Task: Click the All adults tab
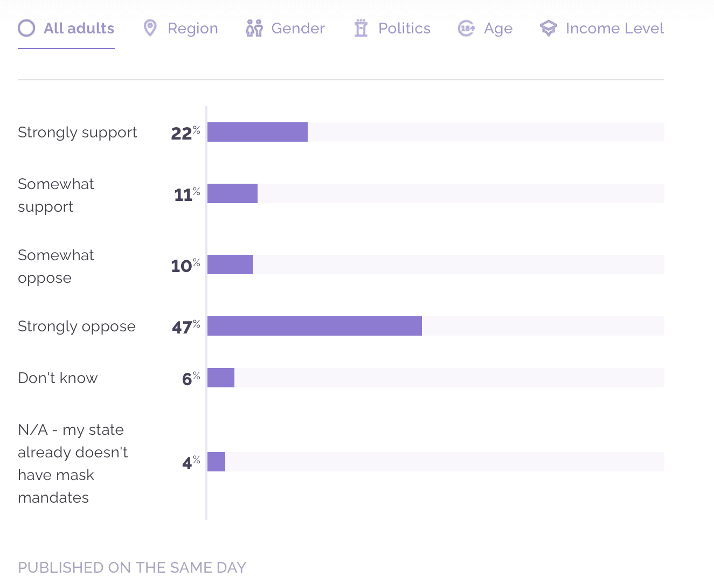(66, 29)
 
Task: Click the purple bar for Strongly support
(258, 132)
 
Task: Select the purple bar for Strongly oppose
(315, 326)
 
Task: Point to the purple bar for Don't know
(221, 378)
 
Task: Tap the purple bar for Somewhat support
(232, 193)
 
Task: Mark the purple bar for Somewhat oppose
(230, 265)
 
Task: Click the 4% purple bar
(216, 462)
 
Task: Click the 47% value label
(185, 326)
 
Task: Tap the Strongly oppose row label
(77, 326)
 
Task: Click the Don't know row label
(58, 378)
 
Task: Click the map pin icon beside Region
(150, 28)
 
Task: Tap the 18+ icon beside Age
(466, 28)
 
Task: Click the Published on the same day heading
(131, 567)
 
